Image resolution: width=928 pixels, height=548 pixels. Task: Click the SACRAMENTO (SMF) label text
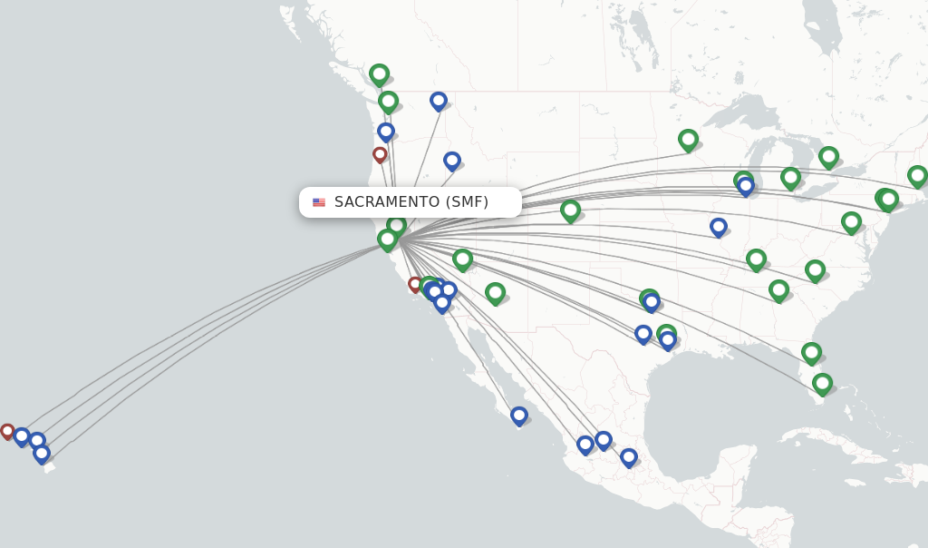click(x=411, y=201)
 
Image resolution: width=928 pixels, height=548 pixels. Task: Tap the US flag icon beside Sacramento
click(x=319, y=202)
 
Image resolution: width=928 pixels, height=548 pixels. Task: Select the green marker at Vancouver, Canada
click(x=379, y=74)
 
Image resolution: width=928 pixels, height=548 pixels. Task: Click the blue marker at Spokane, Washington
click(x=439, y=100)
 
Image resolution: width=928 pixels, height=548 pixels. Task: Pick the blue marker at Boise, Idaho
click(x=452, y=161)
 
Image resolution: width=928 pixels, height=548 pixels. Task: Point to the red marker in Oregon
click(x=380, y=154)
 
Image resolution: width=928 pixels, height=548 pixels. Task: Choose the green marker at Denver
click(x=570, y=210)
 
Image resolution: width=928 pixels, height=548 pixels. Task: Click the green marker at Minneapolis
click(x=688, y=140)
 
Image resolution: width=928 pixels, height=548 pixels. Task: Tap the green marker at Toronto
click(x=828, y=157)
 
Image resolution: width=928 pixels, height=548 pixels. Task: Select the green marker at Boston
click(x=917, y=176)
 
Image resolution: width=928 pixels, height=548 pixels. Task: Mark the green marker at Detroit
click(x=790, y=178)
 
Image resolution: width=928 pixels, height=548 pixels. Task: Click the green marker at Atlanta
click(x=778, y=290)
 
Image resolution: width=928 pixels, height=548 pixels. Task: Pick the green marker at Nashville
click(x=756, y=259)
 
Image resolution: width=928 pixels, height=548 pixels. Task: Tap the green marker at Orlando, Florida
click(x=811, y=353)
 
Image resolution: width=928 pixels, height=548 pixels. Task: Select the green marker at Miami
click(x=822, y=384)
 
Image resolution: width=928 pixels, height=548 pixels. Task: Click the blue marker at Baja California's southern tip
click(x=518, y=416)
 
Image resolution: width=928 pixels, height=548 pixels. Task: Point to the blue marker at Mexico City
click(x=628, y=457)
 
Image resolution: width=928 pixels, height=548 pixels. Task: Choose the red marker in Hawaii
click(x=7, y=431)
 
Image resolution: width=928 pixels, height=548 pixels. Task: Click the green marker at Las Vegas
click(x=462, y=259)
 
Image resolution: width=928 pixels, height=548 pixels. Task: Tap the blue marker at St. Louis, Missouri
click(x=719, y=226)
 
